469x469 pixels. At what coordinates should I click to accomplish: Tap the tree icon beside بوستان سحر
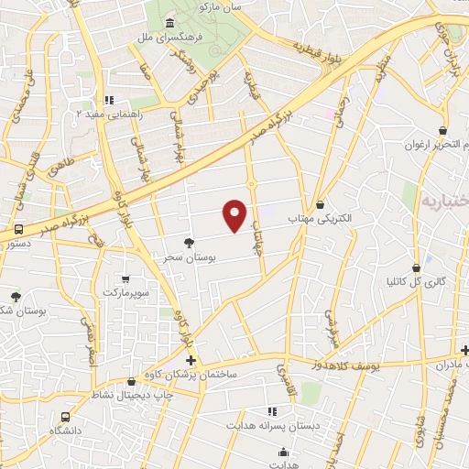tap(189, 243)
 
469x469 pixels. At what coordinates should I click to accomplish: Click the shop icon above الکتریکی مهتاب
tap(320, 205)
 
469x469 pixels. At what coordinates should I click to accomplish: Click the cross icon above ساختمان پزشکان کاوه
tap(191, 360)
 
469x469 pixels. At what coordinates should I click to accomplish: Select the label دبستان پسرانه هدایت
tap(271, 426)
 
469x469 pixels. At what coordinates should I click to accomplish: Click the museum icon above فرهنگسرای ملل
tap(169, 23)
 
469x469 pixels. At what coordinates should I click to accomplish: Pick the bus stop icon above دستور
tap(19, 230)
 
